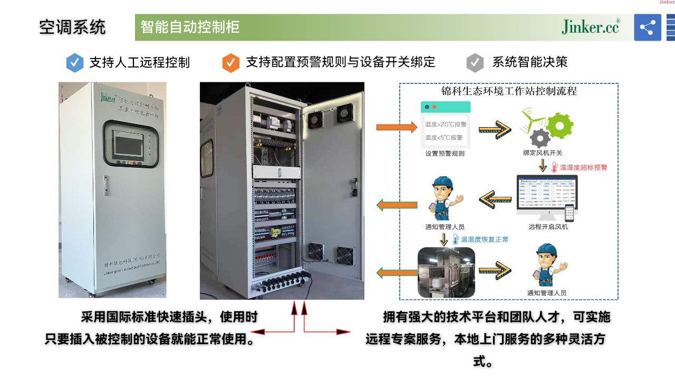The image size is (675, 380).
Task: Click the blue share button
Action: [647, 27]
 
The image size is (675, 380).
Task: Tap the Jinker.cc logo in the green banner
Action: [590, 27]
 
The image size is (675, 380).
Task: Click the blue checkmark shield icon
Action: [75, 62]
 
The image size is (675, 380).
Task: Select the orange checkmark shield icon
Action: [231, 62]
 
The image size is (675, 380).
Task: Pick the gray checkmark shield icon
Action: [475, 62]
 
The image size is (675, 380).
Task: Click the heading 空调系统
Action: [72, 27]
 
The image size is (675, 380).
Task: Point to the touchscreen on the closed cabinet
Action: [128, 144]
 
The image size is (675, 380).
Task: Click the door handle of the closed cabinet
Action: [105, 185]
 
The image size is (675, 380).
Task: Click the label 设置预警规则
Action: [445, 154]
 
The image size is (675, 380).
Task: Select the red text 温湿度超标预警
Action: [583, 167]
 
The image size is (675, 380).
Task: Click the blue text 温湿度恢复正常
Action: [485, 240]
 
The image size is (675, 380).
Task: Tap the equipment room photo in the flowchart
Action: [446, 272]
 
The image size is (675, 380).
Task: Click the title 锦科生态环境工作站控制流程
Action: [508, 91]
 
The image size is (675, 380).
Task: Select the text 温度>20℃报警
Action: [446, 125]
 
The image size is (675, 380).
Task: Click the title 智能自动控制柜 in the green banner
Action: [190, 27]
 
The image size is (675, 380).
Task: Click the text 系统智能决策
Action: [529, 62]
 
